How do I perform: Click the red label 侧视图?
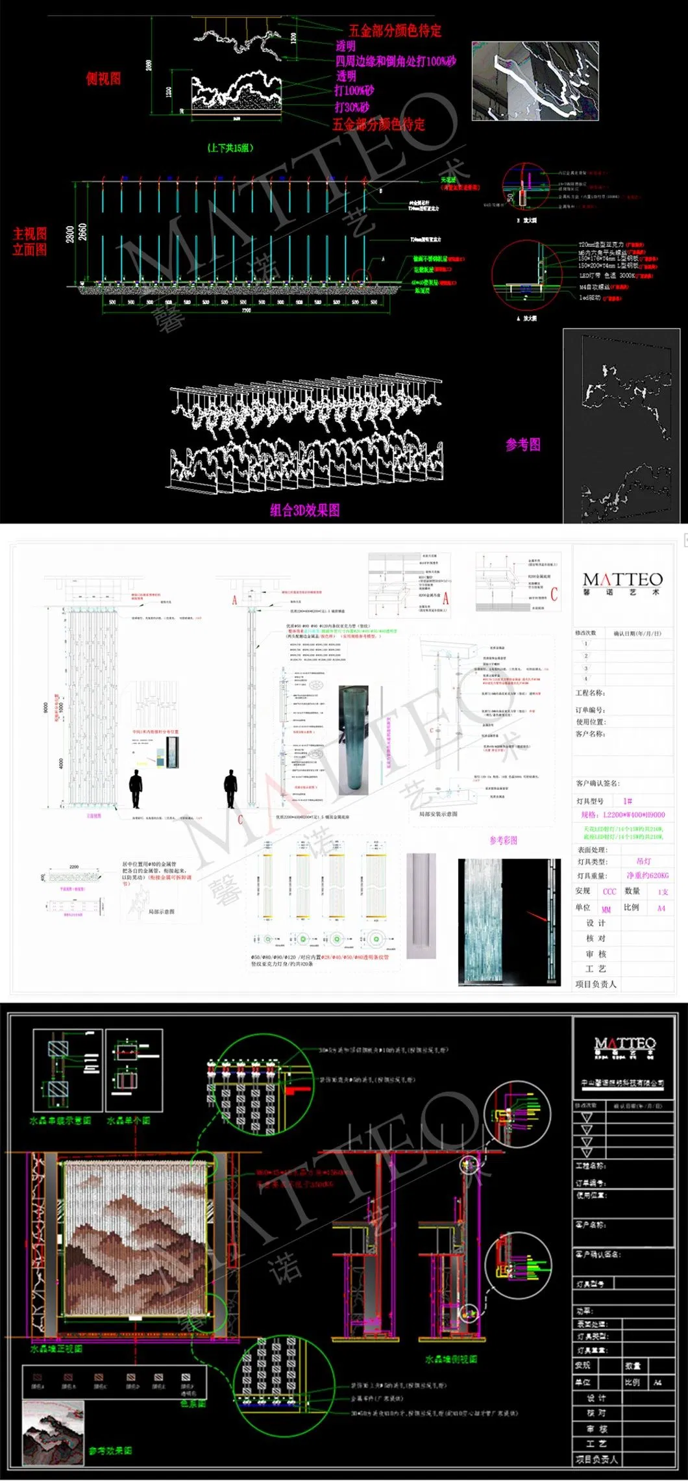pos(103,79)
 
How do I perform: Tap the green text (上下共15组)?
pos(230,147)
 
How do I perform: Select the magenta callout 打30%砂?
pos(352,107)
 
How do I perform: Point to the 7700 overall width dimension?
pos(246,311)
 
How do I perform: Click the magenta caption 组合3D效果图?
pos(304,510)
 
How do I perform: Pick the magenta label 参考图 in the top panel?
pos(522,445)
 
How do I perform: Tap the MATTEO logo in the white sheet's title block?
pos(622,583)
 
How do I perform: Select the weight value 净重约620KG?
pos(647,876)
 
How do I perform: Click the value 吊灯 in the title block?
pos(643,861)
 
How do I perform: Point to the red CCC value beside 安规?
pos(609,892)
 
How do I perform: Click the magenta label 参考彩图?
pos(504,840)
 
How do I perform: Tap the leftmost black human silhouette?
pos(136,789)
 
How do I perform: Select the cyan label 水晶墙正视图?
pos(56,1349)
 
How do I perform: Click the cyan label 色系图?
pos(193,1403)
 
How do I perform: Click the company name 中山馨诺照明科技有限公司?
pos(622,1083)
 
